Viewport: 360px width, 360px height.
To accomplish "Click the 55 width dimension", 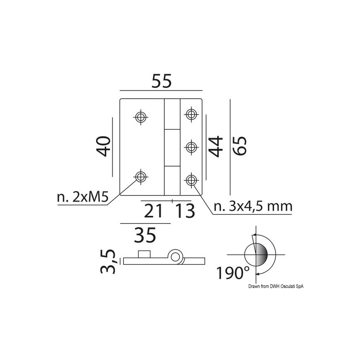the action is click(x=162, y=81).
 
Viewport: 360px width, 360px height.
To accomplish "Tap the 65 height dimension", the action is click(x=239, y=146).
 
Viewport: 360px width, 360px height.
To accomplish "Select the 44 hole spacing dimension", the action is click(x=216, y=147).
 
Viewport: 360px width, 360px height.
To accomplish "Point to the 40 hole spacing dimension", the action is click(x=103, y=146).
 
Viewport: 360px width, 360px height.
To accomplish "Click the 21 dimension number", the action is click(x=153, y=211).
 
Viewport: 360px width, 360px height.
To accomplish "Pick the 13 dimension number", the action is click(x=185, y=211).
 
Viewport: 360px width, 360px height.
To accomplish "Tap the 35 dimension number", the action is click(x=145, y=235).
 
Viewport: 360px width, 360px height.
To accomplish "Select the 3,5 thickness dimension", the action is click(x=108, y=261).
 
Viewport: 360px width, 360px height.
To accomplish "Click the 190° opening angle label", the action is click(x=233, y=273).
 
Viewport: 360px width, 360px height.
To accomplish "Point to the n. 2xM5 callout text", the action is click(x=82, y=197).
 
